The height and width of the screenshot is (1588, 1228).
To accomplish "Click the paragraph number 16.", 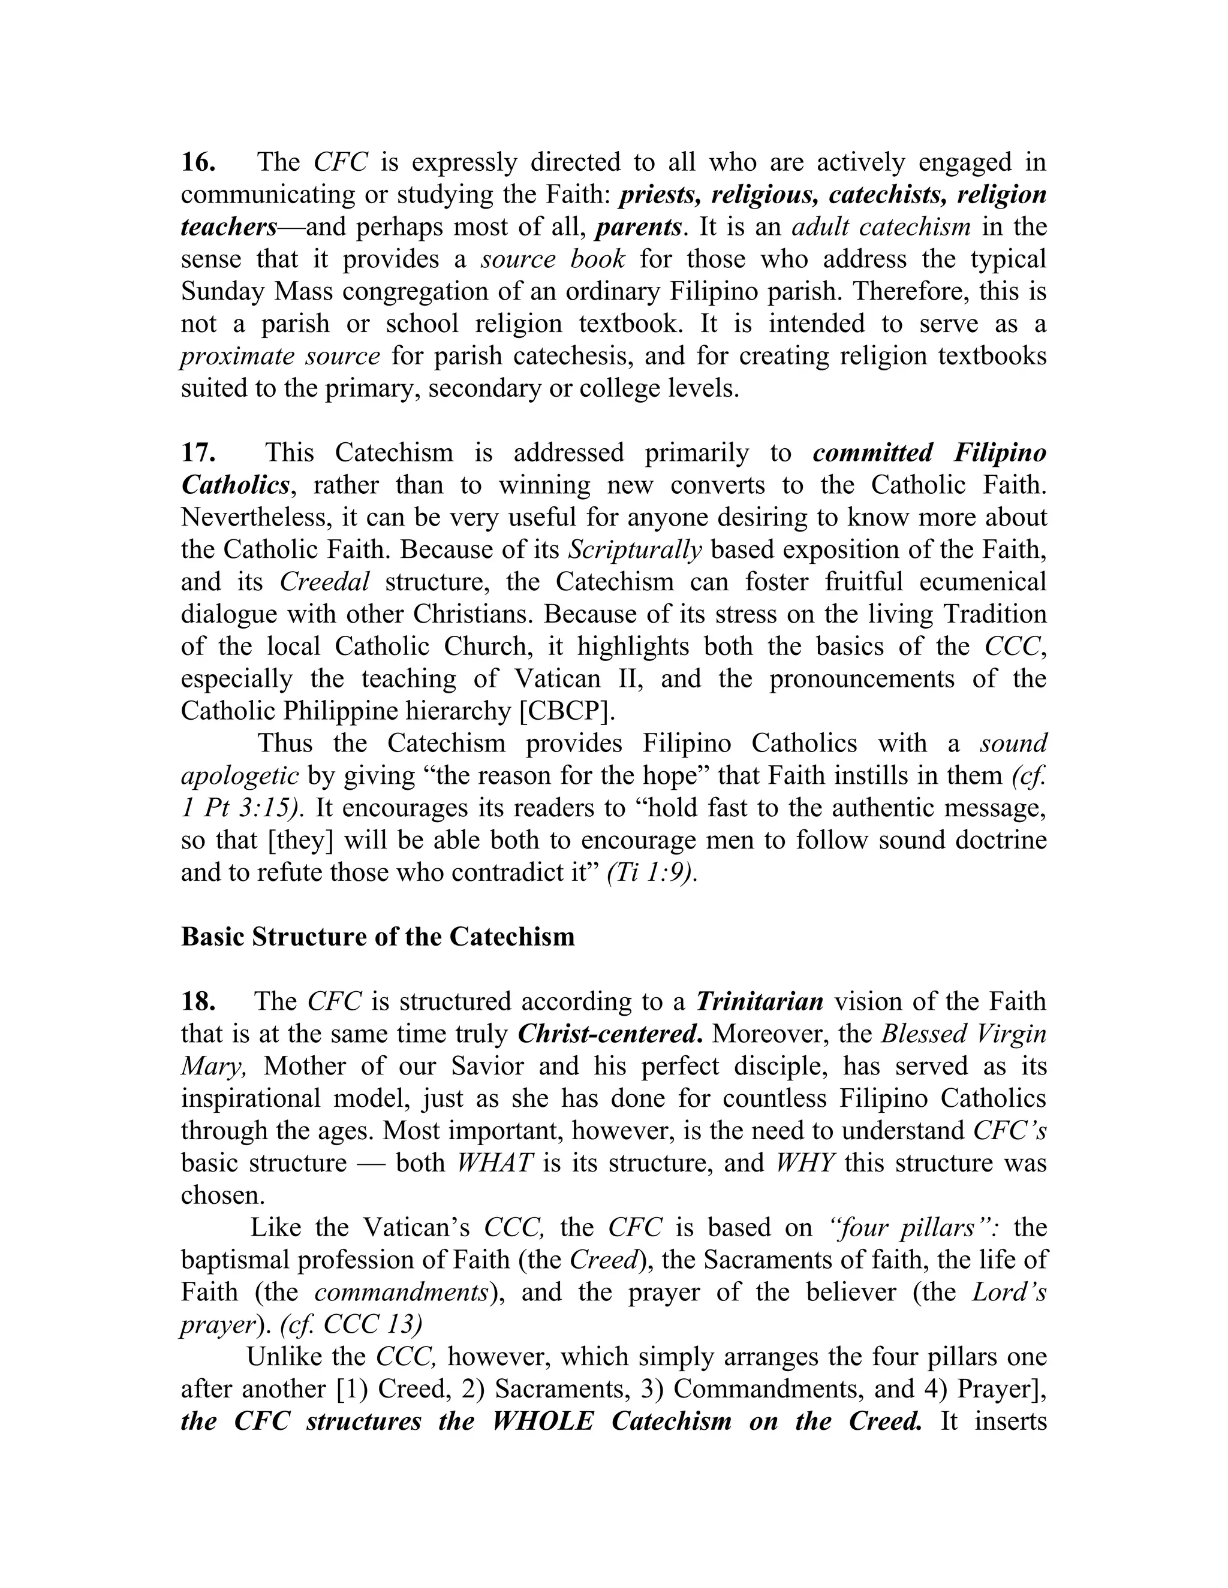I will click(x=197, y=162).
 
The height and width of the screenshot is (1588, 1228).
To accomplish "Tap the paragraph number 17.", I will click(x=197, y=453).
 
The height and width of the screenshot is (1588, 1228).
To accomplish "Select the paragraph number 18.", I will click(x=197, y=1001).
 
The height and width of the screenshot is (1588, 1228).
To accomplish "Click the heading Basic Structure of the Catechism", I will click(x=378, y=937).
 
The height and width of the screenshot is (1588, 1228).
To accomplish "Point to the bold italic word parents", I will click(x=638, y=227).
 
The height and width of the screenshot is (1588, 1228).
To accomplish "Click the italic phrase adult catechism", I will click(x=880, y=227).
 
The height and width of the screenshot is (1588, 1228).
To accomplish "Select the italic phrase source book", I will click(x=552, y=259).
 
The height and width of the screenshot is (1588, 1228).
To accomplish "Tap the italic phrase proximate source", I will click(x=279, y=357).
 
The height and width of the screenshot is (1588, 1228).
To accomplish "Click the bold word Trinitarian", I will click(x=759, y=1001).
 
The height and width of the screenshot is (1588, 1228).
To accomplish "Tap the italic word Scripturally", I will click(x=634, y=550).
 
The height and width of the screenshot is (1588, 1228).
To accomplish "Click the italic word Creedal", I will click(x=324, y=582).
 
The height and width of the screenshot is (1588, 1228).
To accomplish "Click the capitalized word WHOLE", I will click(x=543, y=1421).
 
